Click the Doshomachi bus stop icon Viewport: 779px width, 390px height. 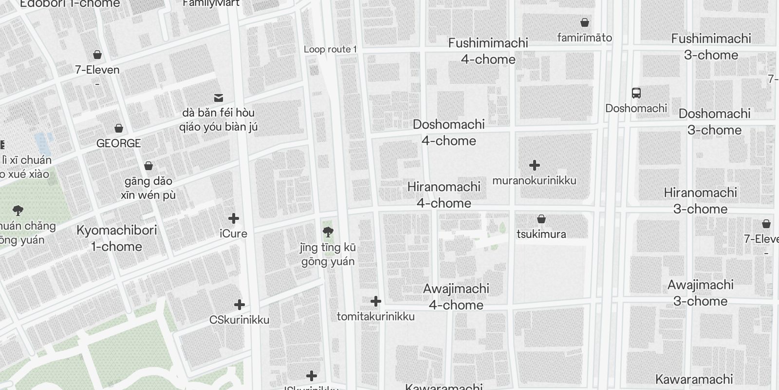(636, 93)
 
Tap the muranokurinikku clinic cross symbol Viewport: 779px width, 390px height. (535, 165)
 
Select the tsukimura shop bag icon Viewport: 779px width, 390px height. (541, 219)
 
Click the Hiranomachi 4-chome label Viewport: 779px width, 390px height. (444, 195)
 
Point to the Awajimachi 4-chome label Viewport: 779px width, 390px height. (456, 296)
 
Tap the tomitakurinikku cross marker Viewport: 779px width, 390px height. (375, 301)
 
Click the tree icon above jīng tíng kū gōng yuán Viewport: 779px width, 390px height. (328, 232)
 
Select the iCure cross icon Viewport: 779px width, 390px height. (234, 218)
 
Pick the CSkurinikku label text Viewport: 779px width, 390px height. (239, 320)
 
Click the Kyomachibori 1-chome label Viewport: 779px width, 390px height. (117, 238)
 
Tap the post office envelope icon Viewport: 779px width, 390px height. (219, 98)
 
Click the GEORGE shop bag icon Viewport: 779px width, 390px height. (118, 129)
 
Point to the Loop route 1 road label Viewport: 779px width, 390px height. (330, 49)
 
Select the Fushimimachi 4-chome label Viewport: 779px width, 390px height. (488, 51)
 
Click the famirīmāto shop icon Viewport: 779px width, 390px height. (585, 22)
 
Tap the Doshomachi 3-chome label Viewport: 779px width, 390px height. (714, 122)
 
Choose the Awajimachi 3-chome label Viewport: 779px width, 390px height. (700, 292)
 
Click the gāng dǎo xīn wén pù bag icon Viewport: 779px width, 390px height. (148, 166)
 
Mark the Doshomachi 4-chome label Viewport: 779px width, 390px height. (448, 132)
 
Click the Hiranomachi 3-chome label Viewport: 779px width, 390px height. (700, 200)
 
